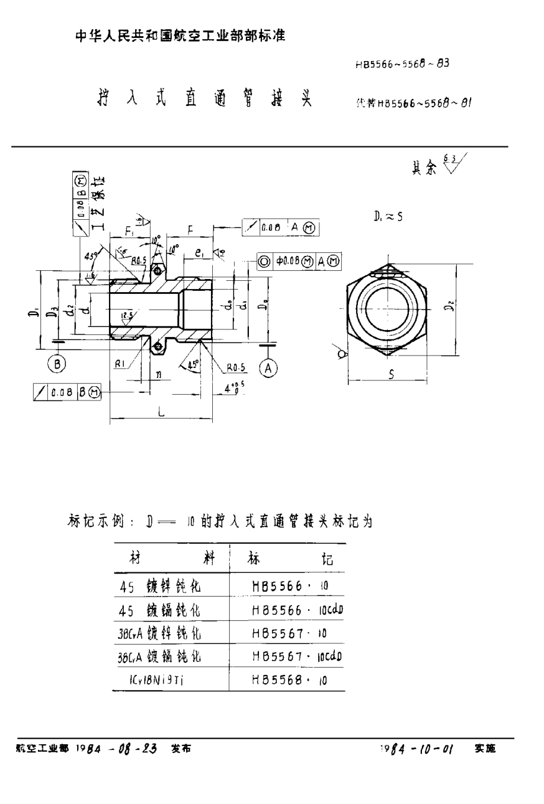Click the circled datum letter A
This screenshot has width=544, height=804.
coord(268,368)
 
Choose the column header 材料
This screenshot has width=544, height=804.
coord(171,558)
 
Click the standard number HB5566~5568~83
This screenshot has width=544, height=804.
coord(403,64)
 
